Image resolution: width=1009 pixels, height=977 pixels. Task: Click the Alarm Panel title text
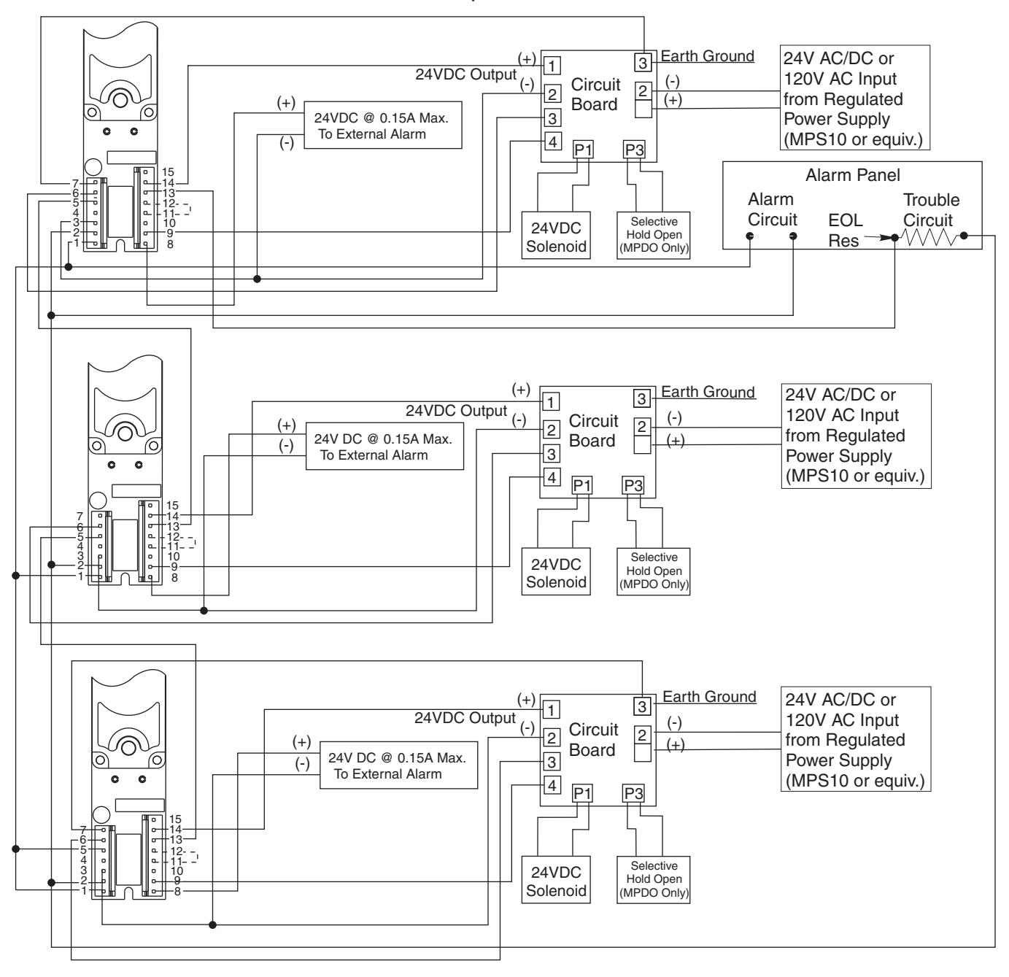pos(852,175)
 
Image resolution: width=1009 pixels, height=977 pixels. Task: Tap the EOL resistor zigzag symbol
pos(928,237)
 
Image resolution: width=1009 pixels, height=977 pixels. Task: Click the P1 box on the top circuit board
pos(583,150)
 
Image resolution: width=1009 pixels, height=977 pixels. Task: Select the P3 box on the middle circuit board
pos(633,485)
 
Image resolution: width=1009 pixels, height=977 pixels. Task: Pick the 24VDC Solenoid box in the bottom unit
pos(556,880)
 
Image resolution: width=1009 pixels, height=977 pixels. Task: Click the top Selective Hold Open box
pos(653,235)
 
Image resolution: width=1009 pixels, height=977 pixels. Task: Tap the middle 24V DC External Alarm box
pos(384,447)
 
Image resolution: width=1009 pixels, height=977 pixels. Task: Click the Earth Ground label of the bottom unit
pos(709,696)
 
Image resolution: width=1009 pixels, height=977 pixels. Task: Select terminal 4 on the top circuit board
pos(553,142)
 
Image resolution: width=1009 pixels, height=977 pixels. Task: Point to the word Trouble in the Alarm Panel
pos(931,200)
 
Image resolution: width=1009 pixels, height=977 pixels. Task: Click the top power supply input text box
pos(854,98)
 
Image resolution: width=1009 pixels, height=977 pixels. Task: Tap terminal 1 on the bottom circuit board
pos(551,710)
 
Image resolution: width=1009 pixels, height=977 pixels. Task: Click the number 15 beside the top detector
pos(168,171)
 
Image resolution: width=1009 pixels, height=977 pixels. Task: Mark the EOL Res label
pos(845,231)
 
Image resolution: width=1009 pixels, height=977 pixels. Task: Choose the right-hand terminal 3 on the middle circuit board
pos(642,399)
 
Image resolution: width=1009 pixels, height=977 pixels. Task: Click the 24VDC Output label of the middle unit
pos(456,411)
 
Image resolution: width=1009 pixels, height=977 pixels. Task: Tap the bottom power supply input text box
pos(856,739)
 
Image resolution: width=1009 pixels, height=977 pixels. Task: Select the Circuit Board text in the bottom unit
pos(593,739)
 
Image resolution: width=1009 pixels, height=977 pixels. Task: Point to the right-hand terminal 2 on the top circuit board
pos(643,91)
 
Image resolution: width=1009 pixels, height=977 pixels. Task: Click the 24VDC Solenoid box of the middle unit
pos(556,571)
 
